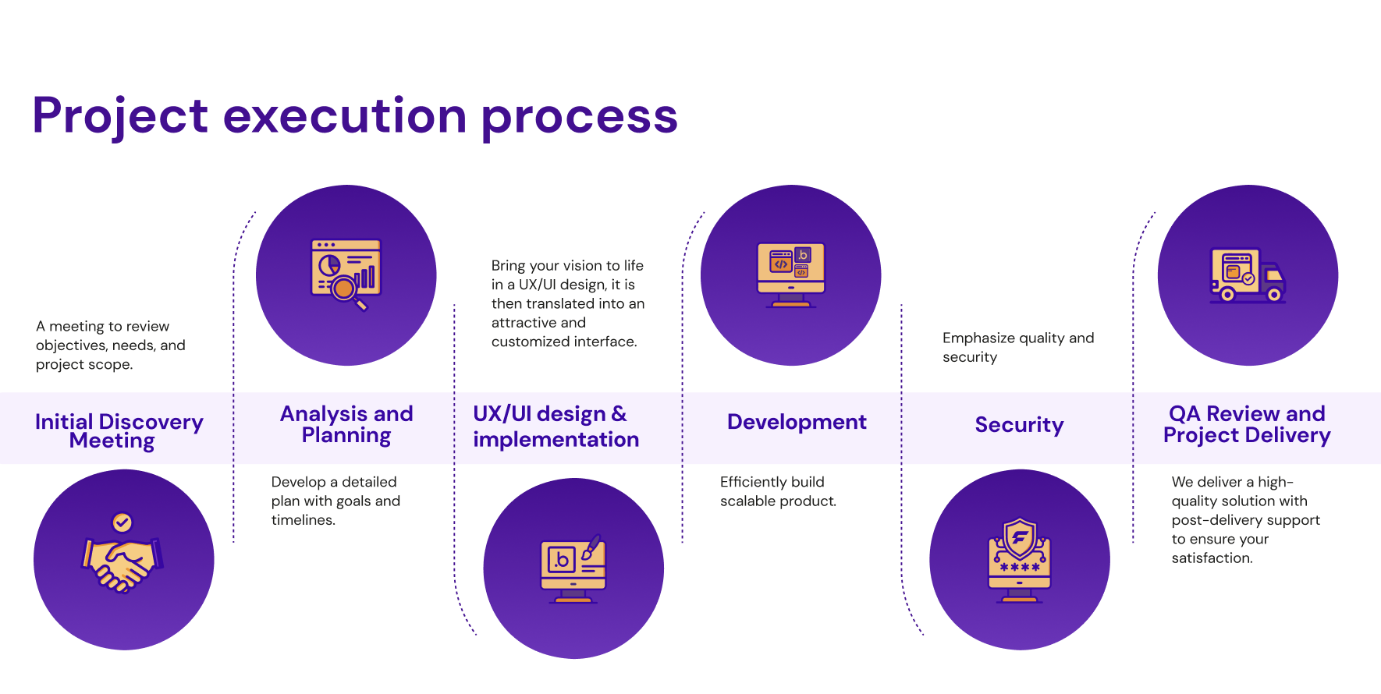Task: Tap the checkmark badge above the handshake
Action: pos(122,522)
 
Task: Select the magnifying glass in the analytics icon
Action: pos(346,290)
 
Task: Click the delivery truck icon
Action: pos(1247,276)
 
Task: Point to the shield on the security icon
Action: pos(1020,537)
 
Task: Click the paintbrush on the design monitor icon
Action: pos(591,547)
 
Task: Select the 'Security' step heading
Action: pos(1019,425)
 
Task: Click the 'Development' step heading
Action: pos(797,422)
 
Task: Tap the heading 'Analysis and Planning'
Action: pos(346,424)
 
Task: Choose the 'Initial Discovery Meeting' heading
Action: pos(119,430)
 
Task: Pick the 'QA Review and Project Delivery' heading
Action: pos(1247,424)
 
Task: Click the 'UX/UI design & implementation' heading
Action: pos(556,427)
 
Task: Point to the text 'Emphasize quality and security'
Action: pos(1017,347)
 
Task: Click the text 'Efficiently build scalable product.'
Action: pos(777,491)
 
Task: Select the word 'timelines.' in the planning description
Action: pos(303,520)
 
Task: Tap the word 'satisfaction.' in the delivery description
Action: pos(1212,558)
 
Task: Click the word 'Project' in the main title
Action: pos(119,116)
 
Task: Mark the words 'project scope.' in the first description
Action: pos(84,364)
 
